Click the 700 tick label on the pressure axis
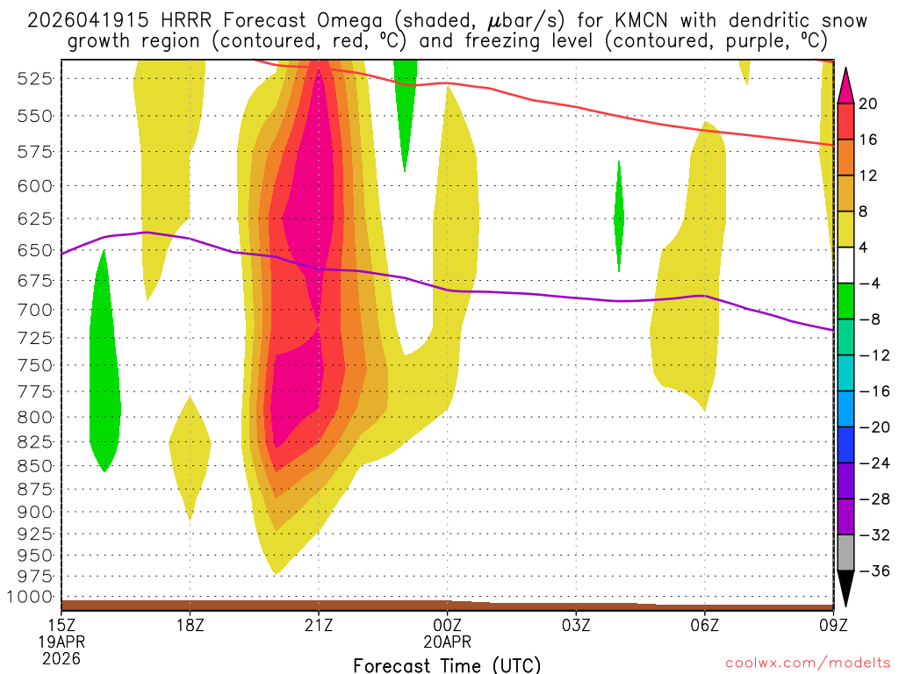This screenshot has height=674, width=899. coord(34,310)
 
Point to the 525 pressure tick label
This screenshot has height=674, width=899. coord(34,78)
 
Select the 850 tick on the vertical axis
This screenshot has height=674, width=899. coord(34,465)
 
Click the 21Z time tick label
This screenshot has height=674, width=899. coord(319,627)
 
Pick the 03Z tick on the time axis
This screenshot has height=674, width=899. coord(576,627)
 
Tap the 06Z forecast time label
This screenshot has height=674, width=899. coord(705,627)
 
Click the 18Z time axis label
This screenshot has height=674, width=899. coord(191,627)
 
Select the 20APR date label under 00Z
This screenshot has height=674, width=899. coord(448,642)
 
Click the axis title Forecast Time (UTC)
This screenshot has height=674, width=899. coord(447,664)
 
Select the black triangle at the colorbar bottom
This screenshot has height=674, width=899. coord(846,588)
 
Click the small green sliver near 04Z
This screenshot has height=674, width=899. coord(619,215)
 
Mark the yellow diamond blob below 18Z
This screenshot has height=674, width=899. coord(191,456)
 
